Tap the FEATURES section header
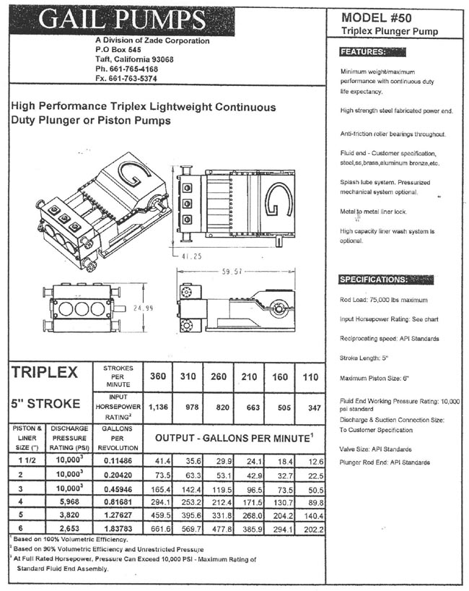(363, 52)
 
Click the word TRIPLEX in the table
(45, 373)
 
